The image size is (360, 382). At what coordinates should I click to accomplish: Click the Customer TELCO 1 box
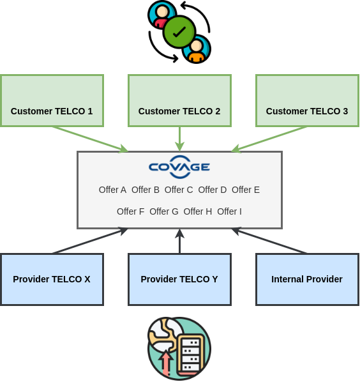[x=52, y=100]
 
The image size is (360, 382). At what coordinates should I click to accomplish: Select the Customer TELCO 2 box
[x=179, y=100]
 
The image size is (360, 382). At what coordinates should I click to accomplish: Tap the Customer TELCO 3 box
[x=307, y=100]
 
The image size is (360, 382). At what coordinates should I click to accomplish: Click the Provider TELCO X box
[x=52, y=279]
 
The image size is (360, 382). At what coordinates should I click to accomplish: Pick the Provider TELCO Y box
[x=179, y=279]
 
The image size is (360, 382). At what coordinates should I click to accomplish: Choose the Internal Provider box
[x=307, y=279]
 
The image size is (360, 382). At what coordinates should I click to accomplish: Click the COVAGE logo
[x=179, y=166]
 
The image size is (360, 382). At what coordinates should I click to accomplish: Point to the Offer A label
[x=112, y=190]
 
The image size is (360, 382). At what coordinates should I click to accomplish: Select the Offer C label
[x=179, y=190]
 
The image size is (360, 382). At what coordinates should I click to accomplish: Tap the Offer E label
[x=246, y=190]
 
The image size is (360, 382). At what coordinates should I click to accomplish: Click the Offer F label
[x=130, y=211]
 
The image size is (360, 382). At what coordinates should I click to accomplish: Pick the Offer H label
[x=197, y=211]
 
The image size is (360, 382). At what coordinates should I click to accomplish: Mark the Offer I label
[x=229, y=211]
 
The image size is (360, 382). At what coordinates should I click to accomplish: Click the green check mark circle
[x=179, y=31]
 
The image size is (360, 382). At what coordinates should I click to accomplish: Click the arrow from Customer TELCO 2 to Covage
[x=179, y=139]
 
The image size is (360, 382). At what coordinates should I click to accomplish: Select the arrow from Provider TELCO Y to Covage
[x=179, y=241]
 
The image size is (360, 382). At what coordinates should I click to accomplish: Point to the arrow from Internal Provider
[x=269, y=241]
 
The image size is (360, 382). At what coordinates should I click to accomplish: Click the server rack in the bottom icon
[x=190, y=355]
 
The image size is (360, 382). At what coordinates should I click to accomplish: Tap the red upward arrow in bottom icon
[x=166, y=363]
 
